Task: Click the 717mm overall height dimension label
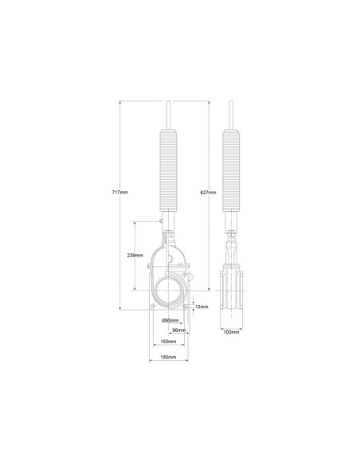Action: point(119,192)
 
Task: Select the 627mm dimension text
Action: point(208,192)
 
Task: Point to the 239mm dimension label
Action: point(135,255)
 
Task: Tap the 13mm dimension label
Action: point(202,307)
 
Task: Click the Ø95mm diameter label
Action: point(170,320)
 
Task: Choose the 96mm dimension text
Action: point(179,330)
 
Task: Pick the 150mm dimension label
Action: point(168,342)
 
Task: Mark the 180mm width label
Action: point(168,357)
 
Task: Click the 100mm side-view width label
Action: point(231,332)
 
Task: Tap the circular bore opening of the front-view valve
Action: point(155,291)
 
